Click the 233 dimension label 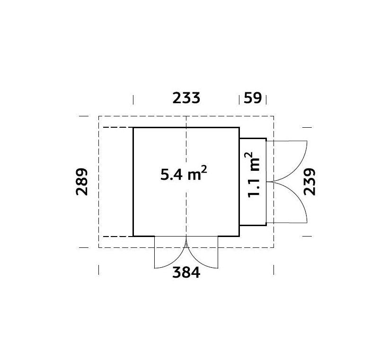pyautogui.click(x=186, y=98)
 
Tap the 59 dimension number pyautogui.click(x=253, y=98)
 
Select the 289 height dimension pyautogui.click(x=82, y=182)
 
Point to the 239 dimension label pyautogui.click(x=309, y=182)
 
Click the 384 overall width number pyautogui.click(x=186, y=272)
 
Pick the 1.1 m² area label pyautogui.click(x=253, y=175)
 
